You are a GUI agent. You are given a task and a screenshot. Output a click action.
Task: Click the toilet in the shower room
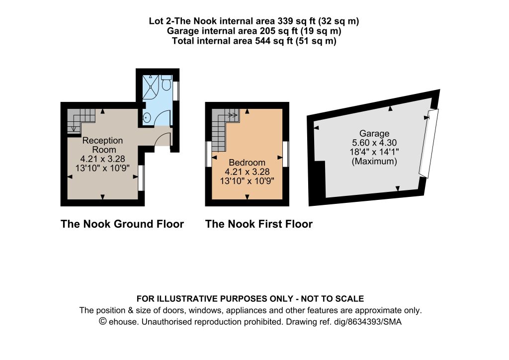pyautogui.click(x=167, y=83)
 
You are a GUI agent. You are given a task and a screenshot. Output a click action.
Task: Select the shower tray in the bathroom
pyautogui.click(x=151, y=87)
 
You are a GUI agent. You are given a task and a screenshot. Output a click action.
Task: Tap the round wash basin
pyautogui.click(x=147, y=117)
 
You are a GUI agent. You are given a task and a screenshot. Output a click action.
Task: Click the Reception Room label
pyautogui.click(x=102, y=145)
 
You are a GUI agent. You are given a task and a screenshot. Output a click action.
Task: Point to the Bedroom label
pyautogui.click(x=247, y=162)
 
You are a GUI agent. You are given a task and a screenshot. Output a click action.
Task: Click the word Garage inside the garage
pyautogui.click(x=374, y=133)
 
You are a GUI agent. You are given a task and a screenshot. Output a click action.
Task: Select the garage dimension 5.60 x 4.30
pyautogui.click(x=374, y=143)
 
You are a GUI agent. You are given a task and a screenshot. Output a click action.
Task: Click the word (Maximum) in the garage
pyautogui.click(x=374, y=161)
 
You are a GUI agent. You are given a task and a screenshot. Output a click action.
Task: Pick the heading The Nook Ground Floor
pyautogui.click(x=122, y=224)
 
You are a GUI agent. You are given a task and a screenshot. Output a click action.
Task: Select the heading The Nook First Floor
pyautogui.click(x=258, y=224)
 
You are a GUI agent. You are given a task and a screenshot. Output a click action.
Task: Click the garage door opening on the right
pyautogui.click(x=429, y=144)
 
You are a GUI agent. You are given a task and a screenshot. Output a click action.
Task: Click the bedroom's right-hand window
pyautogui.click(x=286, y=154)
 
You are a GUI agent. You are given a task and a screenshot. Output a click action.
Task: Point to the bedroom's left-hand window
pyautogui.click(x=208, y=154)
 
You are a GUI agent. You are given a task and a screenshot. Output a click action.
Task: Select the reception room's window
pyautogui.click(x=141, y=178)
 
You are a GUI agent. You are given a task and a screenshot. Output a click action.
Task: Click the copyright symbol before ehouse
pyautogui.click(x=103, y=321)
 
